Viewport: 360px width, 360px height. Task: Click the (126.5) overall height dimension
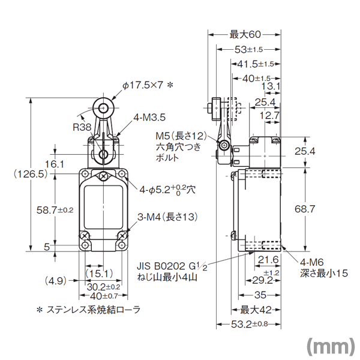[x=31, y=175]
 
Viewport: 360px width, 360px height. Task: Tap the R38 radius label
[x=82, y=127]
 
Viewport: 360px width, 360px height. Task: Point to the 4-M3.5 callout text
[x=149, y=118]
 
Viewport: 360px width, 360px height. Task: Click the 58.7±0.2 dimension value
[x=55, y=210]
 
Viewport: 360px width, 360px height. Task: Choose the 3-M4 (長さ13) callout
[x=167, y=217]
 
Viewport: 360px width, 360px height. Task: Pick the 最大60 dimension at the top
[x=245, y=34]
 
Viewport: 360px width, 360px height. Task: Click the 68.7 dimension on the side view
[x=305, y=209]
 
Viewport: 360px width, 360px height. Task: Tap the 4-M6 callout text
[x=312, y=262]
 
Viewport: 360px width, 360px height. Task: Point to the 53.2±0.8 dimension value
[x=250, y=324]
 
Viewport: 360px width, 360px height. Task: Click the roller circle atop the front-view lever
[x=104, y=107]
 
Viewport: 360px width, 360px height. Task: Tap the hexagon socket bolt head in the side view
[x=223, y=145]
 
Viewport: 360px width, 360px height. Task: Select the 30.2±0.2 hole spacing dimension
[x=104, y=287]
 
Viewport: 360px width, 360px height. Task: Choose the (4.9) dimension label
[x=56, y=281]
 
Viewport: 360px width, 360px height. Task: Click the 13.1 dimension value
[x=271, y=86]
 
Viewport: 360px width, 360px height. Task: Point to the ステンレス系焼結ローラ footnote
[x=88, y=310]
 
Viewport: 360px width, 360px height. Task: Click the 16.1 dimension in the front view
[x=54, y=164]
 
